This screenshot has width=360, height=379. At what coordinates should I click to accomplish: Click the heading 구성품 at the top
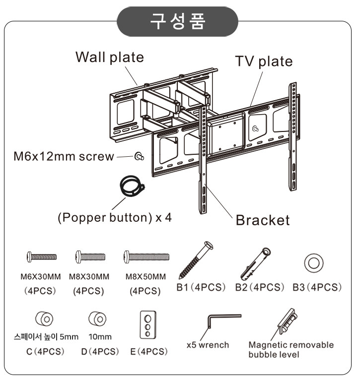[177, 21]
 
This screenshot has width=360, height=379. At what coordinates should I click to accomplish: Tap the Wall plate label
[109, 57]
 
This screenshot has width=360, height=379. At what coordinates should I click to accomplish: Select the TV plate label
[264, 61]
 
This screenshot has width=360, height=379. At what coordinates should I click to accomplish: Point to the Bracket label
[262, 220]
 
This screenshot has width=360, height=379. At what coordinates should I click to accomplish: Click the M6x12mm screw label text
[63, 157]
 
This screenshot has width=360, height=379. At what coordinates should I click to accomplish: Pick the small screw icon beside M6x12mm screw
[139, 157]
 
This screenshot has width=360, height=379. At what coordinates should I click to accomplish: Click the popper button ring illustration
[131, 187]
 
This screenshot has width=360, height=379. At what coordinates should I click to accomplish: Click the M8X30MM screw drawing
[91, 256]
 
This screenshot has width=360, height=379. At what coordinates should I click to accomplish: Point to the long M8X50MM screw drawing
[146, 256]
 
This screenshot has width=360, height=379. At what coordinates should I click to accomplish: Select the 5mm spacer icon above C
[44, 318]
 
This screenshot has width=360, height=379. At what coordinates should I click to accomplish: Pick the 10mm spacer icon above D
[96, 317]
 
